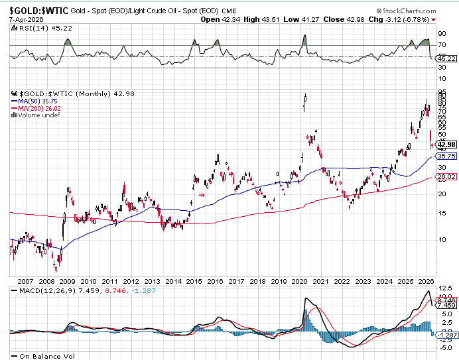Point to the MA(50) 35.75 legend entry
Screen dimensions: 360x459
(x=34, y=101)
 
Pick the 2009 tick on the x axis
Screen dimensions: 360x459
(x=67, y=281)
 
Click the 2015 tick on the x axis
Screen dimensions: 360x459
(x=194, y=281)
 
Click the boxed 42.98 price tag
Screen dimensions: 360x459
(x=446, y=145)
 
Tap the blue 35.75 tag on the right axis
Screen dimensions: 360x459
(x=446, y=156)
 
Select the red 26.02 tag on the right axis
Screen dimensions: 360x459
(x=446, y=177)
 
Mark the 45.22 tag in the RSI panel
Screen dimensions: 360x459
(x=446, y=59)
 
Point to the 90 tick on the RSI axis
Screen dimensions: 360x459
(x=442, y=32)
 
